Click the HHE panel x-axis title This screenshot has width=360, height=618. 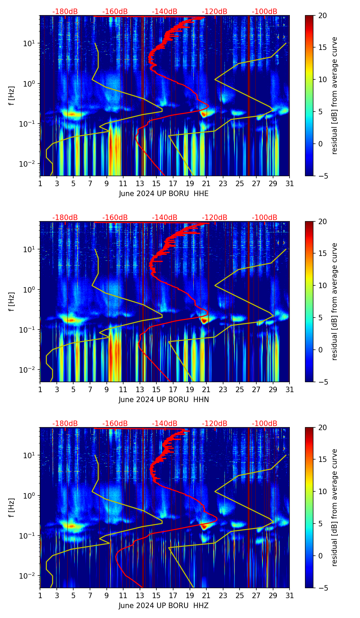(x=164, y=194)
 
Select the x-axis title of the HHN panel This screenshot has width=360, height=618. (x=164, y=400)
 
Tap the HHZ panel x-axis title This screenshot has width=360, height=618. (x=164, y=606)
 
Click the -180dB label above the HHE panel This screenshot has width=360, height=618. (x=65, y=12)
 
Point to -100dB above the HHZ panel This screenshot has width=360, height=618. (x=265, y=424)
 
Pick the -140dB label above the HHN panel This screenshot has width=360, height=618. (x=165, y=218)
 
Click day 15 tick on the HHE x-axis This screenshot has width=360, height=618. (x=156, y=183)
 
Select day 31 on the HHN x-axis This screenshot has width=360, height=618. (x=290, y=389)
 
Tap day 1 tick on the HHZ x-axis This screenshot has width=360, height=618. (x=40, y=595)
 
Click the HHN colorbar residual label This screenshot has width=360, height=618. (x=335, y=301)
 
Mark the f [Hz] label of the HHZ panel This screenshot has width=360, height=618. (x=12, y=507)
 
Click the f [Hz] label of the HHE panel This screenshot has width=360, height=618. (x=12, y=95)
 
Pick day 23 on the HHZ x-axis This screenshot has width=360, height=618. (x=223, y=595)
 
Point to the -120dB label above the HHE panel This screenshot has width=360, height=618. (x=215, y=12)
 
